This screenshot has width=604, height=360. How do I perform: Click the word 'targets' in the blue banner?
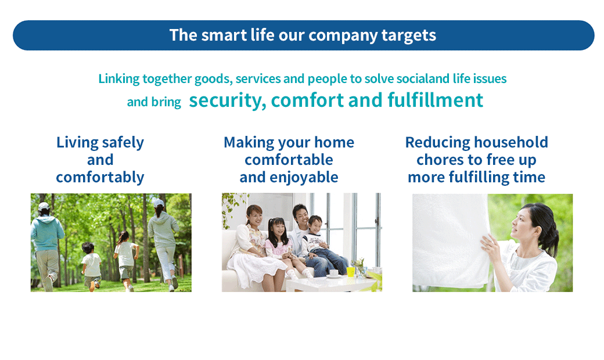409,35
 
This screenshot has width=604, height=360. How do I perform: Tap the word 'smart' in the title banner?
224,35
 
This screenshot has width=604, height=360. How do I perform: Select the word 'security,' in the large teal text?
227,100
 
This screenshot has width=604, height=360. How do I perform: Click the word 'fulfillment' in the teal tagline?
435,100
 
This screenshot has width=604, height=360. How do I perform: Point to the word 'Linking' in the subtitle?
119,79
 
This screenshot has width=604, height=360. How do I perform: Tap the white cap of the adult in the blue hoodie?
44,206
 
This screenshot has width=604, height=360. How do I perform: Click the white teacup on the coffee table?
334,273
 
